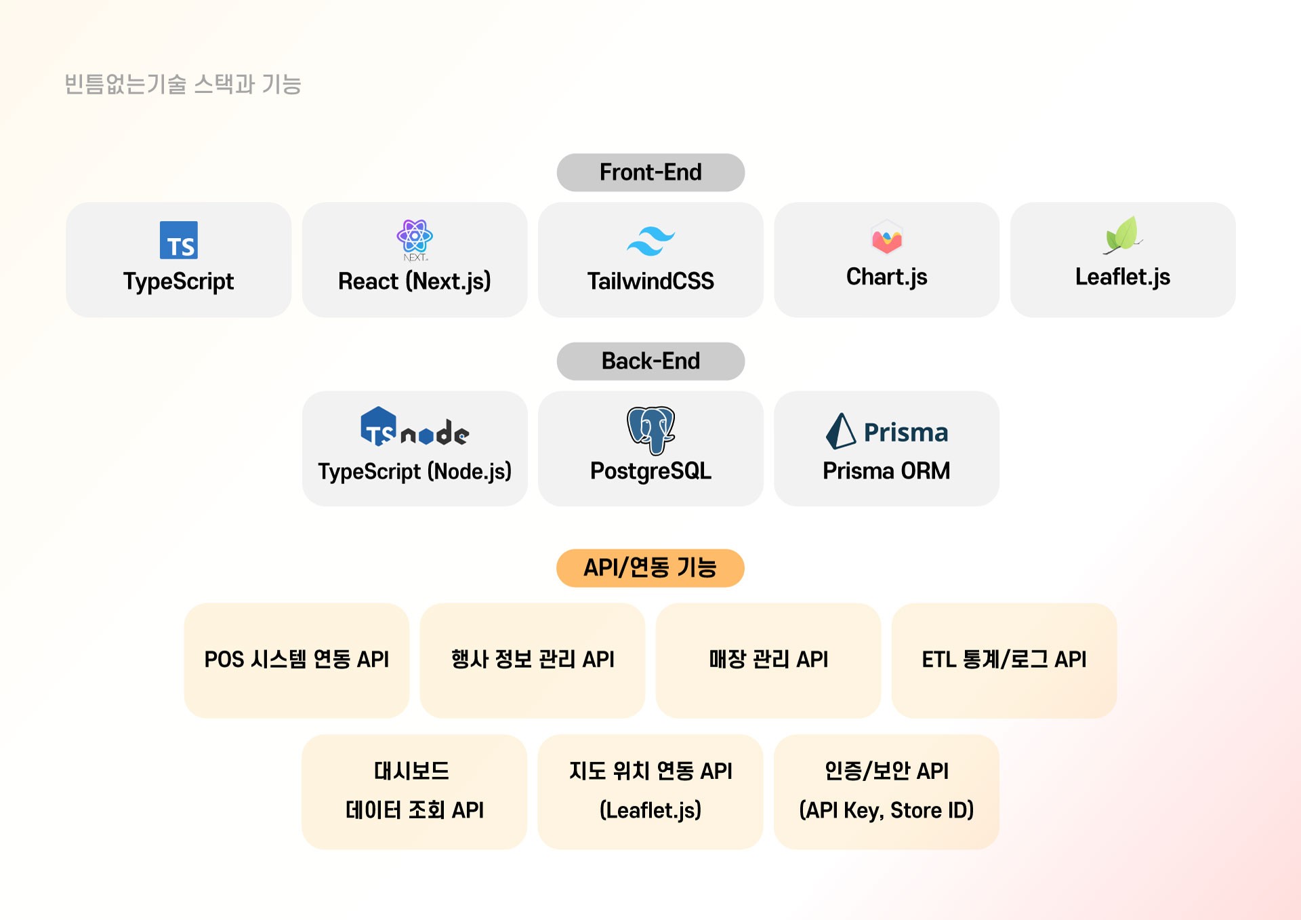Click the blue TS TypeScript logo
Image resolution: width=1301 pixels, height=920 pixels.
[x=179, y=240]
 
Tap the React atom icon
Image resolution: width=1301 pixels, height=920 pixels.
[x=414, y=236]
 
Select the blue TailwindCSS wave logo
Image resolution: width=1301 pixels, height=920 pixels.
[x=650, y=241]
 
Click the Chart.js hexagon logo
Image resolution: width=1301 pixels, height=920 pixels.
[x=886, y=237]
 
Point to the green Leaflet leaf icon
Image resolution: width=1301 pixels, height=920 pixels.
[x=1122, y=235]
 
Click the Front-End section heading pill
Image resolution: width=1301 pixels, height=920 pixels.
[x=650, y=172]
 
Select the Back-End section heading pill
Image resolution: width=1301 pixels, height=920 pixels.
[x=650, y=361]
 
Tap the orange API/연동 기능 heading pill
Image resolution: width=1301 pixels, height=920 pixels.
[x=650, y=567]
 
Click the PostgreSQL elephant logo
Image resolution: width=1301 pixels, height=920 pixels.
[x=650, y=430]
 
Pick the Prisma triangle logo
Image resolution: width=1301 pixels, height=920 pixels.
[x=841, y=431]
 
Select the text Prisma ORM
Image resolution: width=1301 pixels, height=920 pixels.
[x=886, y=471]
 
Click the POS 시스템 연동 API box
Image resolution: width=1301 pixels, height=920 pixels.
[x=296, y=660]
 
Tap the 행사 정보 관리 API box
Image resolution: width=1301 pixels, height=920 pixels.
[x=533, y=660]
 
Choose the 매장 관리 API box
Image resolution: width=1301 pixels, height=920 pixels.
[x=768, y=660]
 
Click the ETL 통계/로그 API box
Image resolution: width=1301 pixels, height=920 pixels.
[x=1004, y=660]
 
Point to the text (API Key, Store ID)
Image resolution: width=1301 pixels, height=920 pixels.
[x=886, y=810]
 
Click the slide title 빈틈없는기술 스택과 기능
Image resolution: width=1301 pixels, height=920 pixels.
[x=183, y=84]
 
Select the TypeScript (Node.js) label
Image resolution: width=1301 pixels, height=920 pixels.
[x=415, y=471]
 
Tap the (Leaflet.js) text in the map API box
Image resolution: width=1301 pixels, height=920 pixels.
[x=650, y=810]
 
